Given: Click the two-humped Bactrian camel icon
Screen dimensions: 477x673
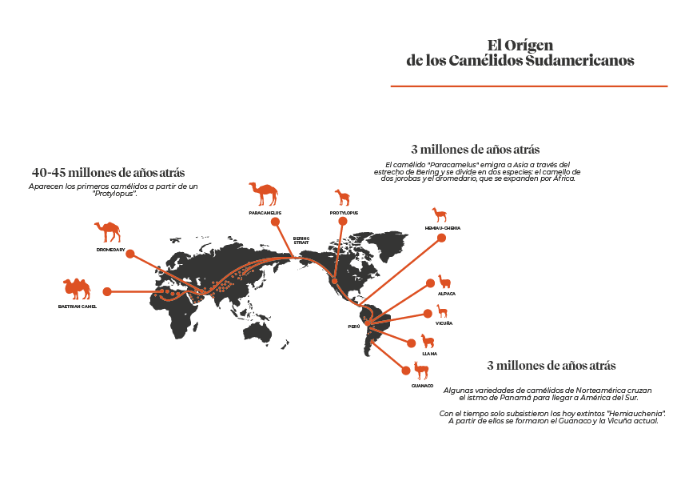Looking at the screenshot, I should coord(77,288).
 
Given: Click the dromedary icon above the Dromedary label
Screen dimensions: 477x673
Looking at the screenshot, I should coord(107,232).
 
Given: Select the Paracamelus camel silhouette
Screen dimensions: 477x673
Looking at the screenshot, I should coord(263,193).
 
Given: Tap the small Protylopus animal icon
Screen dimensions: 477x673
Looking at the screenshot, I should coord(343,198).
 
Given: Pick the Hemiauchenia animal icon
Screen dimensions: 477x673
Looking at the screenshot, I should coord(439,214).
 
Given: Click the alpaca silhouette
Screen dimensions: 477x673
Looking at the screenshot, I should coord(444,282).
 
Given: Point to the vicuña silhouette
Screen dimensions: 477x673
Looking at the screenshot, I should coord(442,311).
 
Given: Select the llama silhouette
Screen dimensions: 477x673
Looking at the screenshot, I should coord(428,341).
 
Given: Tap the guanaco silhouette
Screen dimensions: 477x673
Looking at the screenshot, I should coord(421,371).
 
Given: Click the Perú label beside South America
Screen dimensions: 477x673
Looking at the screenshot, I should coord(353,327).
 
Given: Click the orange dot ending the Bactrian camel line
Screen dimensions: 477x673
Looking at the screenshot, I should coord(106,291).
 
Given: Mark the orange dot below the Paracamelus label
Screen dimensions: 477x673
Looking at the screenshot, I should coord(274,221).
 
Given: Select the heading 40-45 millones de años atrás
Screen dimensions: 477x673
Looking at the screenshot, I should coord(108,172).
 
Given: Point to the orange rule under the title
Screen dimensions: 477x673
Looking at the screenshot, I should coord(528,85).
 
